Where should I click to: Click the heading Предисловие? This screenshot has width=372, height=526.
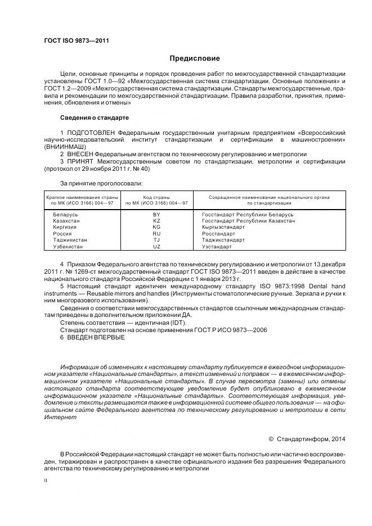(195, 58)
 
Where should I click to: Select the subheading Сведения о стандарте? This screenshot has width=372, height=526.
(95, 118)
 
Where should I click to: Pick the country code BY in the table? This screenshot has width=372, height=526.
(156, 215)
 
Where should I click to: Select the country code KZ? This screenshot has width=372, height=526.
(156, 221)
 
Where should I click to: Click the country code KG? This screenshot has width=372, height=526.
(156, 227)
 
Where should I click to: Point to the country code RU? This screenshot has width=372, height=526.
(156, 233)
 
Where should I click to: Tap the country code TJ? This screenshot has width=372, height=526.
(156, 239)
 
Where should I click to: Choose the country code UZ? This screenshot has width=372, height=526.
(156, 246)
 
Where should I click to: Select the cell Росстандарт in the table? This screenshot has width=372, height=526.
(218, 233)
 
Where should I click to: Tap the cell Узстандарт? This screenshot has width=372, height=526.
(217, 246)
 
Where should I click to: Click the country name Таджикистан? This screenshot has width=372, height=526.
(70, 239)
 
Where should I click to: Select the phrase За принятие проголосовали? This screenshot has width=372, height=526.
(101, 183)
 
